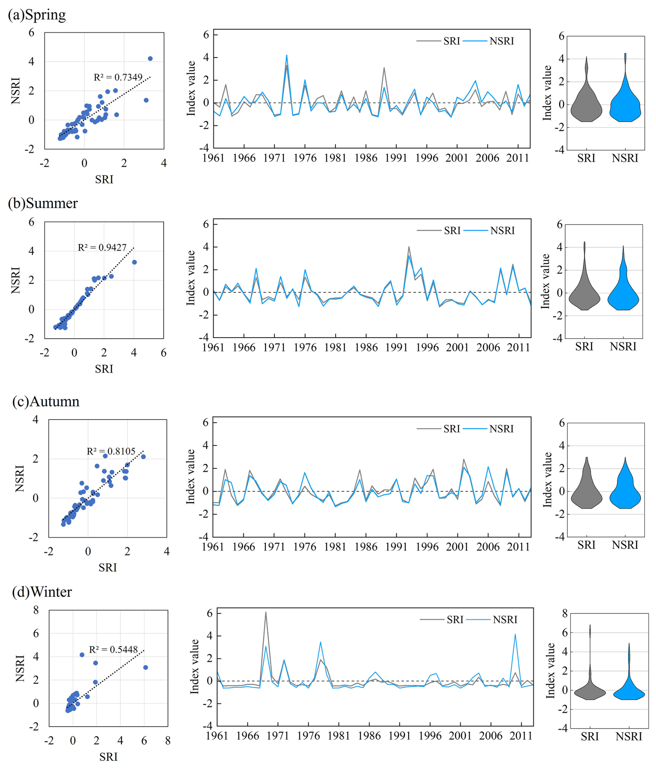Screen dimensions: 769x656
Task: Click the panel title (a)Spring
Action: [x=37, y=15]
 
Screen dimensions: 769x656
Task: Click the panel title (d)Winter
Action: [x=42, y=591]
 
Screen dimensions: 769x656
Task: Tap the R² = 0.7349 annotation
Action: [x=118, y=77]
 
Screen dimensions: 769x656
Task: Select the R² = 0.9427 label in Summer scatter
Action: [x=102, y=248]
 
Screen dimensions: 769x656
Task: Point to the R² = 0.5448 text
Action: [x=113, y=649]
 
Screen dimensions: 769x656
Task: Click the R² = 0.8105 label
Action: [x=111, y=451]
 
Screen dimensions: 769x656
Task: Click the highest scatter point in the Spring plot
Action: [x=150, y=59]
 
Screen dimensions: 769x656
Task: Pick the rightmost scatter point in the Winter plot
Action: [x=146, y=667]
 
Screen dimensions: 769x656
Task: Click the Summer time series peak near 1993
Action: [x=409, y=247]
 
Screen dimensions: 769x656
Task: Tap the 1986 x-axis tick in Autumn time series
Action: [x=366, y=546]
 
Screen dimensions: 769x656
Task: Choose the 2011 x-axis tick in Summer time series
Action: [x=518, y=347]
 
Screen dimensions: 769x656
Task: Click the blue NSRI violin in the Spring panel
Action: [x=625, y=104]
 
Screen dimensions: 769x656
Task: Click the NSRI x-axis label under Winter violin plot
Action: [x=629, y=736]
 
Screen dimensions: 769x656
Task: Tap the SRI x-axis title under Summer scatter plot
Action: [x=104, y=369]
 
